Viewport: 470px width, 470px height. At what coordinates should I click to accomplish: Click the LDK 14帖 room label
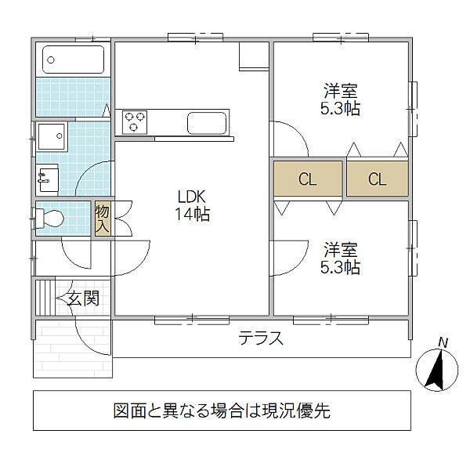192,205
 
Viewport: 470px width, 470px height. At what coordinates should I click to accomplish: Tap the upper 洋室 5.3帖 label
340,99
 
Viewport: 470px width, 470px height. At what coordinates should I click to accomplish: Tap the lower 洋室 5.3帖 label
340,258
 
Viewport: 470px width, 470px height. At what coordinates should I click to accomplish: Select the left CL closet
308,179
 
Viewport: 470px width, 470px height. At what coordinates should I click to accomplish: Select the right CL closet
378,179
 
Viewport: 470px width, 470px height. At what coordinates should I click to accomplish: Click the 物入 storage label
102,219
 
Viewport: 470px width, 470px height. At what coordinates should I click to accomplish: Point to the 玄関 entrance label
83,298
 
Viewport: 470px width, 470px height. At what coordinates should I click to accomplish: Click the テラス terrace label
261,338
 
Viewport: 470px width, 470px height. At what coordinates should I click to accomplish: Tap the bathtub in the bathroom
74,60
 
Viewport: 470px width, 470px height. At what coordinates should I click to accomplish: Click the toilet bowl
50,218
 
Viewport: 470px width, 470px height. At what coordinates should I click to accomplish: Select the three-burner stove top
135,122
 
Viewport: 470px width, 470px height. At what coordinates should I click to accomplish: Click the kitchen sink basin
207,123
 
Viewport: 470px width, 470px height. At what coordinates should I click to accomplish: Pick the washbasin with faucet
47,178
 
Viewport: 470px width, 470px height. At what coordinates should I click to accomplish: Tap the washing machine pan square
52,136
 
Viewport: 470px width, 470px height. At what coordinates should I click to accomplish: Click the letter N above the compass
443,342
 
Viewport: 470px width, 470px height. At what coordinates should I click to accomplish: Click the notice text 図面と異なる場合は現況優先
222,410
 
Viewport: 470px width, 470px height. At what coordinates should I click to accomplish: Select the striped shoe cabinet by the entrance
45,298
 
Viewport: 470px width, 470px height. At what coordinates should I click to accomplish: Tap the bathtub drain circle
51,60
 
